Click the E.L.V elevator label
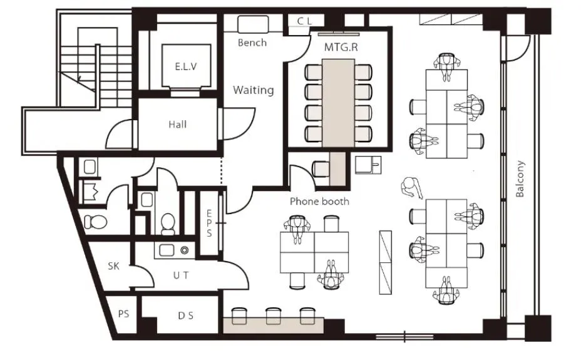tap(186, 66)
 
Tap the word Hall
tap(177, 125)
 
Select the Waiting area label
tap(254, 90)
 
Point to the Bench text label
tap(252, 43)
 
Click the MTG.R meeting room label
tap(341, 47)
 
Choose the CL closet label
tap(304, 21)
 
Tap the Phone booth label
tap(319, 202)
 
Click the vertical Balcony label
tap(520, 178)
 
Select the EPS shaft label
tap(209, 223)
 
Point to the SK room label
tap(114, 266)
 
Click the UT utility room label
tap(181, 275)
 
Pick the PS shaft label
tap(124, 314)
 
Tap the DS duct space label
tap(186, 316)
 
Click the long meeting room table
tap(338, 103)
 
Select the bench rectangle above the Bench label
tap(253, 24)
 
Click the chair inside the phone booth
tap(321, 169)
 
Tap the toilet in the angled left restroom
tap(96, 222)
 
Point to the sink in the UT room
tap(167, 250)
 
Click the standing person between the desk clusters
tap(411, 187)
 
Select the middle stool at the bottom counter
tap(273, 315)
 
